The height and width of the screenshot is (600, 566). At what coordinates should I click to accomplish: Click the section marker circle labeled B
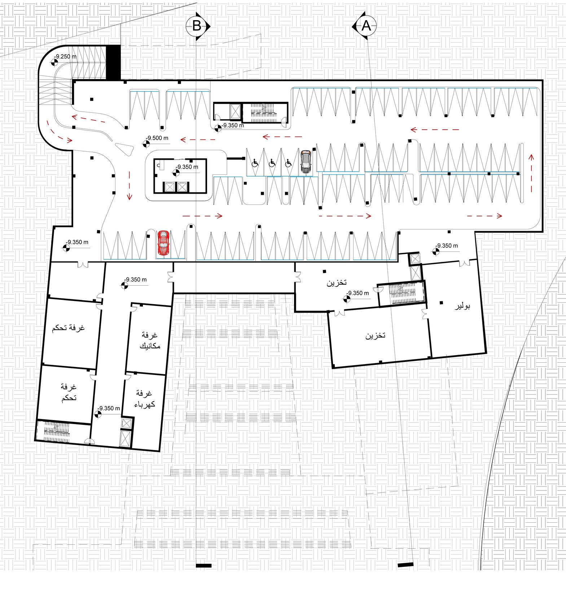click(x=197, y=26)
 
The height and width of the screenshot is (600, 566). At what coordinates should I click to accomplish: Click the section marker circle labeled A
click(x=366, y=26)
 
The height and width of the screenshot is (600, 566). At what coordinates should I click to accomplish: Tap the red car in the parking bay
click(x=163, y=243)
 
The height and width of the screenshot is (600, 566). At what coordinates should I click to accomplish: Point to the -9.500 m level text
click(x=158, y=138)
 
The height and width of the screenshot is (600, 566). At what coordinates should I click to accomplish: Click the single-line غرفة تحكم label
click(x=68, y=328)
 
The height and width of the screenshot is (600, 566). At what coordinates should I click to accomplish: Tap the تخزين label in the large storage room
click(x=375, y=336)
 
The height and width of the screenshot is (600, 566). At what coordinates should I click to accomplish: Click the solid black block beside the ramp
click(x=114, y=62)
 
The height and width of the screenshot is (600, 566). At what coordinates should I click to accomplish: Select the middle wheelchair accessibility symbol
click(x=272, y=163)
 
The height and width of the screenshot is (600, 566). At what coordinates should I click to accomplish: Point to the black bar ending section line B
click(x=204, y=565)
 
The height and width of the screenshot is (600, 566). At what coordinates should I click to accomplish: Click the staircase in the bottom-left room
click(x=56, y=431)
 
